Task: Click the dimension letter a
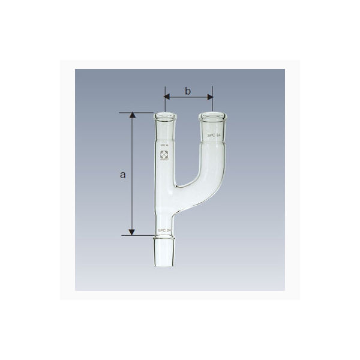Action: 123,175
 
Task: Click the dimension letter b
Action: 188,91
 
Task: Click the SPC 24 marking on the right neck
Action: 214,136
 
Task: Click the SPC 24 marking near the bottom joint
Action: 164,230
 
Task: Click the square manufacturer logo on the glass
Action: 164,157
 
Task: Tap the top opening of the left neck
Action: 164,115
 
